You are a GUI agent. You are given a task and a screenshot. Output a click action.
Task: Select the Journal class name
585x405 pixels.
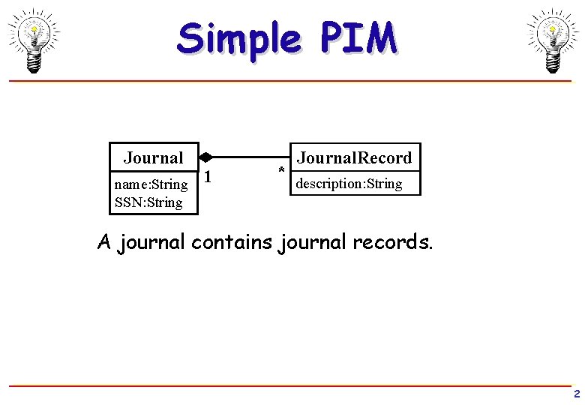coord(153,157)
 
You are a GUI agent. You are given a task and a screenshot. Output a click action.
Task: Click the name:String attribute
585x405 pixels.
coord(151,184)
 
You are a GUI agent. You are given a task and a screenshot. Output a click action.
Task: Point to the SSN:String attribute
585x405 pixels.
coord(148,202)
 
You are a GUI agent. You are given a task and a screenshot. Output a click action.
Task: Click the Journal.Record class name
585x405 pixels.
coord(354,157)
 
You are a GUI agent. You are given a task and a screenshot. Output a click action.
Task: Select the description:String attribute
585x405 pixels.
coord(349,184)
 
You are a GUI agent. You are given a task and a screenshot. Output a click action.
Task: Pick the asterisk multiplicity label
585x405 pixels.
coord(281,170)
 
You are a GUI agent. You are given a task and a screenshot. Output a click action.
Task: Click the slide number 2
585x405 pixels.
coord(576,394)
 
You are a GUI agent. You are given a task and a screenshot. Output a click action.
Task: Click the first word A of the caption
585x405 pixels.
coord(105,243)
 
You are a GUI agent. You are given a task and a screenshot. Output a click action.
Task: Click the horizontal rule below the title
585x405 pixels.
coord(292,80)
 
